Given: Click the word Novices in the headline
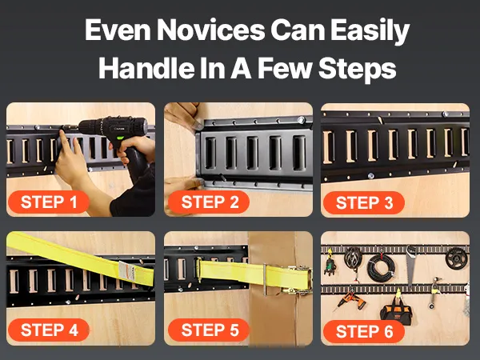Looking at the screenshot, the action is click(210, 30).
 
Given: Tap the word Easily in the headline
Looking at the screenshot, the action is click(370, 31).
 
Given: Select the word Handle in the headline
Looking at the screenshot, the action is click(146, 68).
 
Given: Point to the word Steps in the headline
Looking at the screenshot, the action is click(358, 70).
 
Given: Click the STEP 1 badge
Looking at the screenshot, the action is click(49, 202).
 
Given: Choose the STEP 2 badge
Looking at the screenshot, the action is click(209, 202).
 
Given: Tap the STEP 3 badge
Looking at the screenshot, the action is click(364, 202).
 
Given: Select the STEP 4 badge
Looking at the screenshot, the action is click(49, 330).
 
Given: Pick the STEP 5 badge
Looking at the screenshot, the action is click(209, 330).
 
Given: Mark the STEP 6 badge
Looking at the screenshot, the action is click(364, 332).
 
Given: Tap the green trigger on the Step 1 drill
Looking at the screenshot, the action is click(120, 142).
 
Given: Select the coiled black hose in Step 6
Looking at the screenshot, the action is click(381, 268).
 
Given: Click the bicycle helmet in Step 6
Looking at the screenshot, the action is click(353, 258).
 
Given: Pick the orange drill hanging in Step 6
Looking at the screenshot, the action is click(350, 300).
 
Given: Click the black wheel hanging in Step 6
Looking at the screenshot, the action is click(456, 258).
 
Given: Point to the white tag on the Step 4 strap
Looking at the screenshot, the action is click(126, 270).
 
